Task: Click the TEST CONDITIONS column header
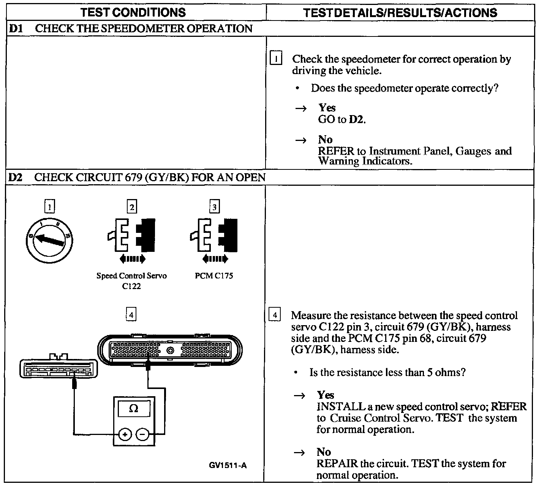(x=133, y=13)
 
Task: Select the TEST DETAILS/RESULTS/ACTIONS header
(x=400, y=13)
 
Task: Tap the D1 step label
(x=14, y=29)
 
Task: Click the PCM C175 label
(x=214, y=276)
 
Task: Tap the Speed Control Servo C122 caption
(x=131, y=281)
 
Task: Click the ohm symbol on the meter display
(x=134, y=408)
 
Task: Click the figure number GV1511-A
(x=228, y=465)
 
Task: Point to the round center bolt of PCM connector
(x=171, y=350)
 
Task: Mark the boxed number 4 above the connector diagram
(x=131, y=315)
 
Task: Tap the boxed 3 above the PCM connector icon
(x=214, y=207)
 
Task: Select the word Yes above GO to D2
(x=327, y=108)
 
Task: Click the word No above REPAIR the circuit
(x=324, y=452)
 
